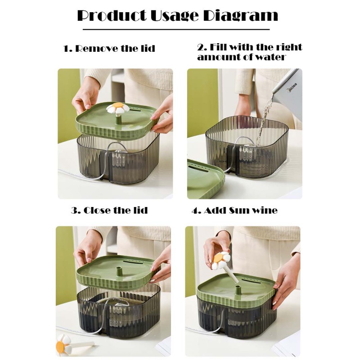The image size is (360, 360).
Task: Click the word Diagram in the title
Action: [x=241, y=16]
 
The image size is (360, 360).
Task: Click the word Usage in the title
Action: [x=175, y=16]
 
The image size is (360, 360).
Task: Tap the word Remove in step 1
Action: [x=96, y=49]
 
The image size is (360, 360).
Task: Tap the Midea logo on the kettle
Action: [x=292, y=88]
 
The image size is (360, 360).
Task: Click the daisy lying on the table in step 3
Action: [x=64, y=344]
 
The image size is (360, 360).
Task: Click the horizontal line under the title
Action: [x=176, y=29]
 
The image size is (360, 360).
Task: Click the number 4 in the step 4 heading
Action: [x=195, y=211]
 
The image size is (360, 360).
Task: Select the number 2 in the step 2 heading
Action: [x=201, y=47]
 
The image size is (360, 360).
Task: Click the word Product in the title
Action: [x=112, y=16]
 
